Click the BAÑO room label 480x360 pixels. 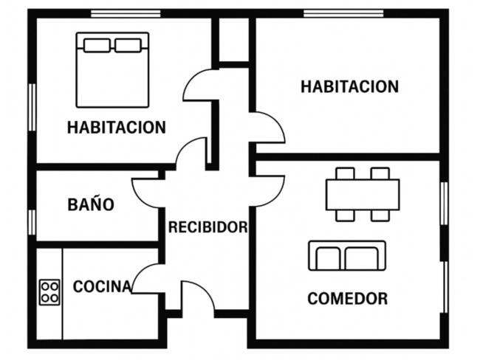click(x=91, y=204)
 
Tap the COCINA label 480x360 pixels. click(x=102, y=286)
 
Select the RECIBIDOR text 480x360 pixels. click(x=208, y=227)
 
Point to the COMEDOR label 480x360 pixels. click(x=348, y=299)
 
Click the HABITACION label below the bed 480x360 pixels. click(x=117, y=127)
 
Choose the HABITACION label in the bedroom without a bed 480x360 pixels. click(x=349, y=86)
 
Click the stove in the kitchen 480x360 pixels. click(x=49, y=292)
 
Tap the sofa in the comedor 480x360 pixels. click(x=347, y=255)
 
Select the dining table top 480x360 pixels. click(x=363, y=195)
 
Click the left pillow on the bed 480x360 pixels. click(x=97, y=45)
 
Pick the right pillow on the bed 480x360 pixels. click(x=128, y=45)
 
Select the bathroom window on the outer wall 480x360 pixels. click(x=32, y=222)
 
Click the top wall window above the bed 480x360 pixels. click(x=126, y=14)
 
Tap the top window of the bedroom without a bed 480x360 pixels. click(x=343, y=14)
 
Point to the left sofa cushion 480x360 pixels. click(x=328, y=258)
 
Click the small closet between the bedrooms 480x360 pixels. click(x=234, y=40)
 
